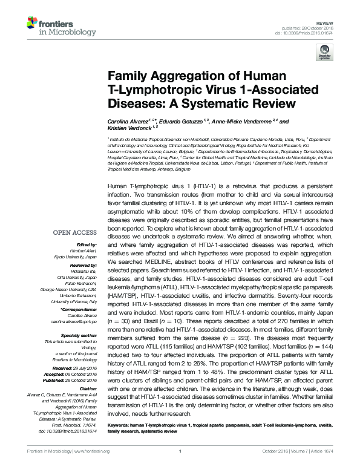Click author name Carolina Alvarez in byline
tap(126, 122)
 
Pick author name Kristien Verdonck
tap(124, 128)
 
